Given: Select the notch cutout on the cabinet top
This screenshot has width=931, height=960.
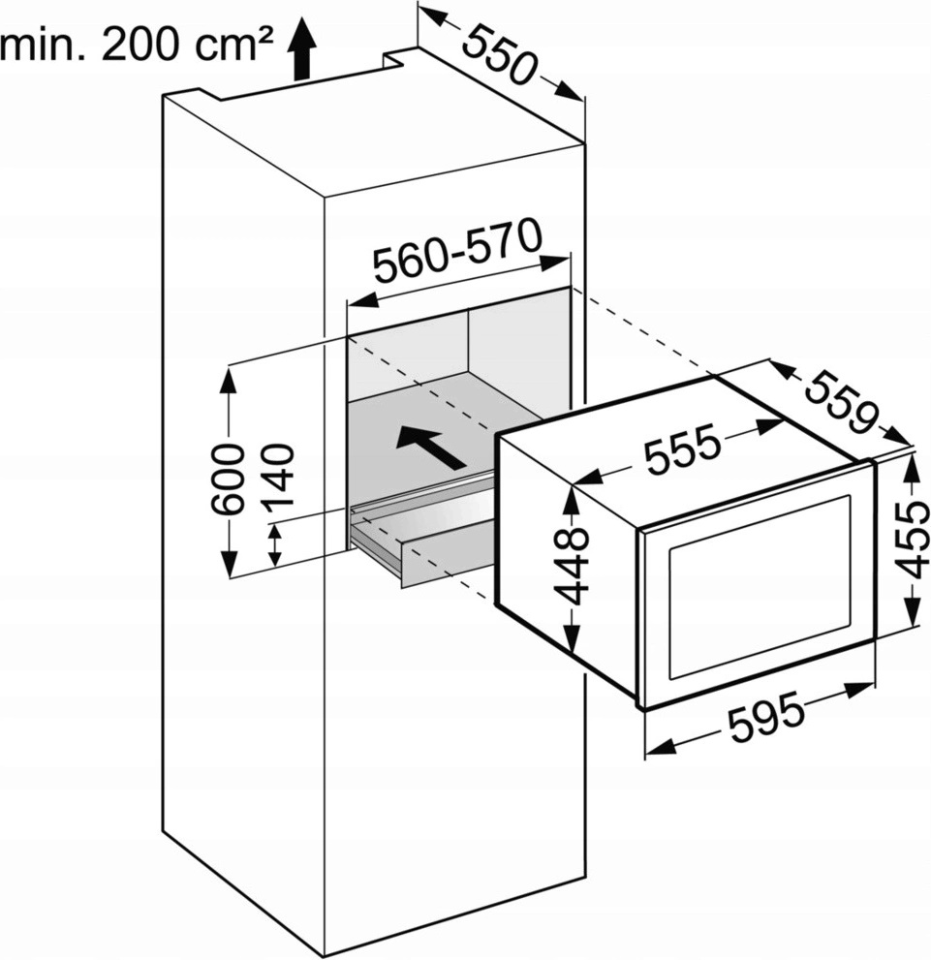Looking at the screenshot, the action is pyautogui.click(x=400, y=57).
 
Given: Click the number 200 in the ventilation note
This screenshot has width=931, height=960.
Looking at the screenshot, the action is pyautogui.click(x=142, y=45).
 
